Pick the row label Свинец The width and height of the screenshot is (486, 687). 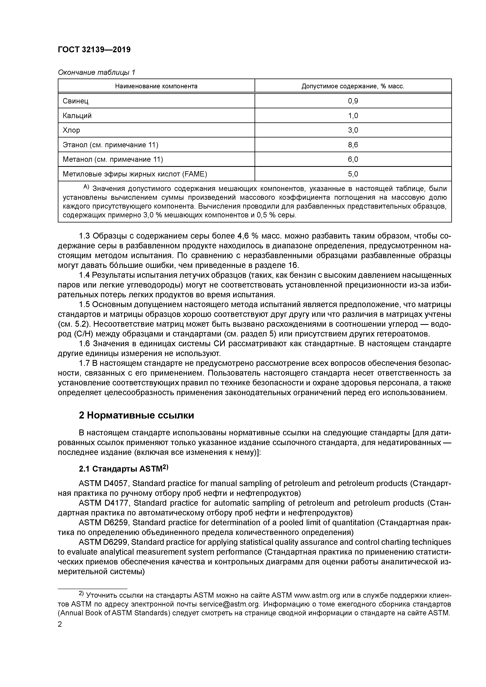point(75,101)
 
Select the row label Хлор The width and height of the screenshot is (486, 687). point(71,130)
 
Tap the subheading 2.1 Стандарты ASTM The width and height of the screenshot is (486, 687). point(124,469)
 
